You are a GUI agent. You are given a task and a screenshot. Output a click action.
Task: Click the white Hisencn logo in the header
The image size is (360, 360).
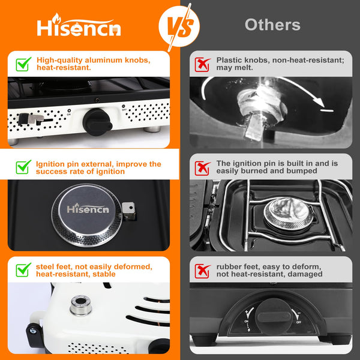click(x=79, y=25)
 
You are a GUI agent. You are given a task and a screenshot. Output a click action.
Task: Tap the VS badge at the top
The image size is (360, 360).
click(x=179, y=26)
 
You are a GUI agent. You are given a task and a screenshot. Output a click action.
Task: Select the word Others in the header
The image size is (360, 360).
click(x=272, y=25)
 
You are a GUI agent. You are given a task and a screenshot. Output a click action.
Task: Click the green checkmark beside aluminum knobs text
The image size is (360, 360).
click(x=23, y=64)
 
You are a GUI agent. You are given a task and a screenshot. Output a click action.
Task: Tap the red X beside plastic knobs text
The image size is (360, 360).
click(x=202, y=65)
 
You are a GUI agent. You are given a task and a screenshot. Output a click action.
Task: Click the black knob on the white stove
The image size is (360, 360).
click(x=97, y=122)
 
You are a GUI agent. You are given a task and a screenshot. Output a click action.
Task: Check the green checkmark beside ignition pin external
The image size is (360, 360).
click(x=23, y=167)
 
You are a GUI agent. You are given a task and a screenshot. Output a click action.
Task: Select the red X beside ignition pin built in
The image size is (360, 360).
click(x=202, y=168)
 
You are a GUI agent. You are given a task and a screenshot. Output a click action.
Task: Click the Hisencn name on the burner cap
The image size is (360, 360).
click(x=88, y=208)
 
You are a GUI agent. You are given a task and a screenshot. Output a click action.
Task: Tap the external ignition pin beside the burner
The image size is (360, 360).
click(x=129, y=211)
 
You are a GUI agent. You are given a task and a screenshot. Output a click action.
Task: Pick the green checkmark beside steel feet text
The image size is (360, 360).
click(x=23, y=270)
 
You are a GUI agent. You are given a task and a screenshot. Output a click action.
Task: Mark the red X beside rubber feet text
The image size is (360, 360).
click(x=202, y=271)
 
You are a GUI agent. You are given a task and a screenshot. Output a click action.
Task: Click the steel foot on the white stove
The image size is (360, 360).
click(x=80, y=305)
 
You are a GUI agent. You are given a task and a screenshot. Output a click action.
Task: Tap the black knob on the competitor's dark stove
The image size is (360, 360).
click(x=273, y=316)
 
